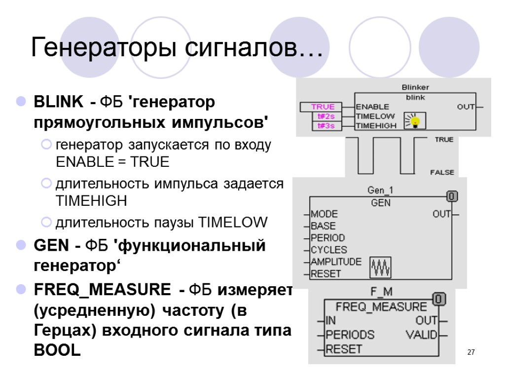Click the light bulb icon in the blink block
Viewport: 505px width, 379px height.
pyautogui.click(x=415, y=120)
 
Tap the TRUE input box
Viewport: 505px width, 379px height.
pyautogui.click(x=323, y=107)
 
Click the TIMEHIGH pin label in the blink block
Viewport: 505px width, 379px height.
pyautogui.click(x=376, y=126)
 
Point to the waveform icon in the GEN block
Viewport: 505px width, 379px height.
pyautogui.click(x=380, y=267)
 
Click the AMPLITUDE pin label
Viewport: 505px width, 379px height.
pyautogui.click(x=336, y=262)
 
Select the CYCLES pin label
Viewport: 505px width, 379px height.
pyautogui.click(x=328, y=250)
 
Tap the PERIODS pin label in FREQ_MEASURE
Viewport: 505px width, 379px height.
pyautogui.click(x=350, y=335)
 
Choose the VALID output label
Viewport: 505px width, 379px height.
pyautogui.click(x=422, y=335)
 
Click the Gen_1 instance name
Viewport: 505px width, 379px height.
pyautogui.click(x=380, y=190)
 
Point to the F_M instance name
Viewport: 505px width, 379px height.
pyautogui.click(x=381, y=292)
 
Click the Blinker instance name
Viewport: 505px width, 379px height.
pyautogui.click(x=415, y=87)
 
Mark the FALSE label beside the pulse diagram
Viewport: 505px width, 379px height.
pyautogui.click(x=442, y=173)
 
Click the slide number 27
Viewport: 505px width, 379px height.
pyautogui.click(x=470, y=352)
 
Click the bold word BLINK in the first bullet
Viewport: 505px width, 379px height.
pyautogui.click(x=58, y=103)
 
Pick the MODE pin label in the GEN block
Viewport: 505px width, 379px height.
pyautogui.click(x=324, y=214)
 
